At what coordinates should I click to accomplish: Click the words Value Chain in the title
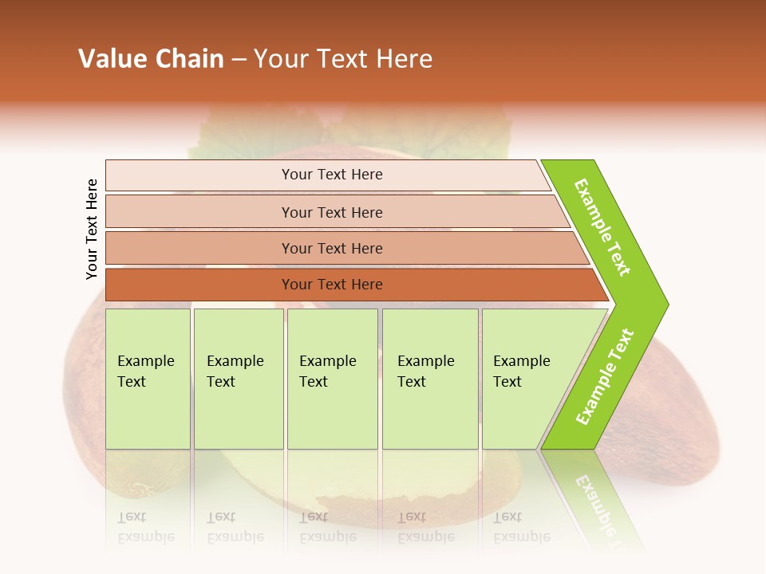pyautogui.click(x=151, y=59)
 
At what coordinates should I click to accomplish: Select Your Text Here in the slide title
pyautogui.click(x=343, y=59)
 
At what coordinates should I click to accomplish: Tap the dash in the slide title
pyautogui.click(x=239, y=60)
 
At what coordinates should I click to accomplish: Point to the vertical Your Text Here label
pyautogui.click(x=92, y=229)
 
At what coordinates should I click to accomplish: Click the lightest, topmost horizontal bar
pyautogui.click(x=331, y=175)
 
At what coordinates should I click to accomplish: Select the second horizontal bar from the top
pyautogui.click(x=331, y=212)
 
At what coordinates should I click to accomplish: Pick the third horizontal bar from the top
pyautogui.click(x=331, y=248)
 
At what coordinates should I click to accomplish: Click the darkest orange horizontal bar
pyautogui.click(x=331, y=285)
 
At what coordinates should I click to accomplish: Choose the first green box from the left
pyautogui.click(x=148, y=379)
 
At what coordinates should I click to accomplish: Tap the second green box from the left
pyautogui.click(x=238, y=379)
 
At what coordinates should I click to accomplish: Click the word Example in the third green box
pyautogui.click(x=327, y=361)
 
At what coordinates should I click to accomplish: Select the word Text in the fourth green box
pyautogui.click(x=412, y=382)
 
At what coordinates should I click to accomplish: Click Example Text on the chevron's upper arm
pyautogui.click(x=602, y=227)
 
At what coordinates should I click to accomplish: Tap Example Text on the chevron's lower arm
pyautogui.click(x=605, y=376)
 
